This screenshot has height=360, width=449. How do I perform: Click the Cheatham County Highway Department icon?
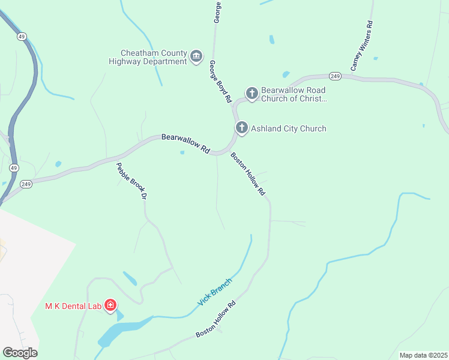tap(196, 57)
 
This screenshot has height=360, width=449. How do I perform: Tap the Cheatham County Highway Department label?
tap(148, 57)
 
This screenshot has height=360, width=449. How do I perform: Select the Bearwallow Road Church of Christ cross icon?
tap(252, 93)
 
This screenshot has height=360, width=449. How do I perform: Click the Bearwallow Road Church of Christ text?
tap(294, 95)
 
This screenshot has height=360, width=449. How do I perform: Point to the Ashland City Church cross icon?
tap(241, 128)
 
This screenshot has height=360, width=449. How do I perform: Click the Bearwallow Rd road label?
tap(185, 144)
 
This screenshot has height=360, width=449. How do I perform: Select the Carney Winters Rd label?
tap(363, 46)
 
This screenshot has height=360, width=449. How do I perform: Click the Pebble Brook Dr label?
tap(131, 181)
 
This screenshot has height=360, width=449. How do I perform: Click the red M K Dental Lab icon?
tap(110, 306)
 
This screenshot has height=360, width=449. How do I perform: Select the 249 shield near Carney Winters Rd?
tap(335, 76)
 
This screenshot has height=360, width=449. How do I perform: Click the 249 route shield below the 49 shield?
tap(25, 184)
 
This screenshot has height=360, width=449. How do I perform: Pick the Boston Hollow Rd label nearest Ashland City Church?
tap(248, 174)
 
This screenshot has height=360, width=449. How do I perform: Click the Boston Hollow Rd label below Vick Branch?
tap(216, 319)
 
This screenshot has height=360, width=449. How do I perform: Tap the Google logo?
tap(20, 353)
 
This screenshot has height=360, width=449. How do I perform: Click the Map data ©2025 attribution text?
tap(423, 355)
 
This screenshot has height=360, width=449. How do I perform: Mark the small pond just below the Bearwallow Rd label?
tap(182, 152)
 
